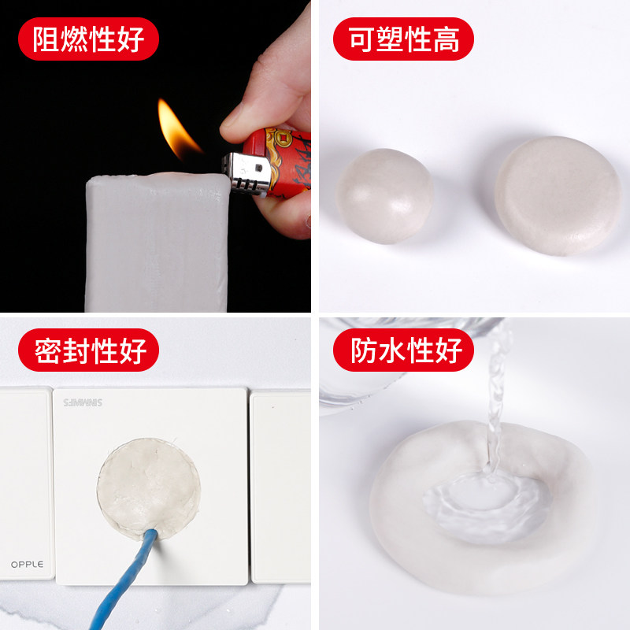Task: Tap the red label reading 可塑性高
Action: pos(404,39)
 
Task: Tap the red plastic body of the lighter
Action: pos(287,161)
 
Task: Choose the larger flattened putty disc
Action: pos(557,195)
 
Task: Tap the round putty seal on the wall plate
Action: pos(148,484)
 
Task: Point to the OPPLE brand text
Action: pos(28,564)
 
